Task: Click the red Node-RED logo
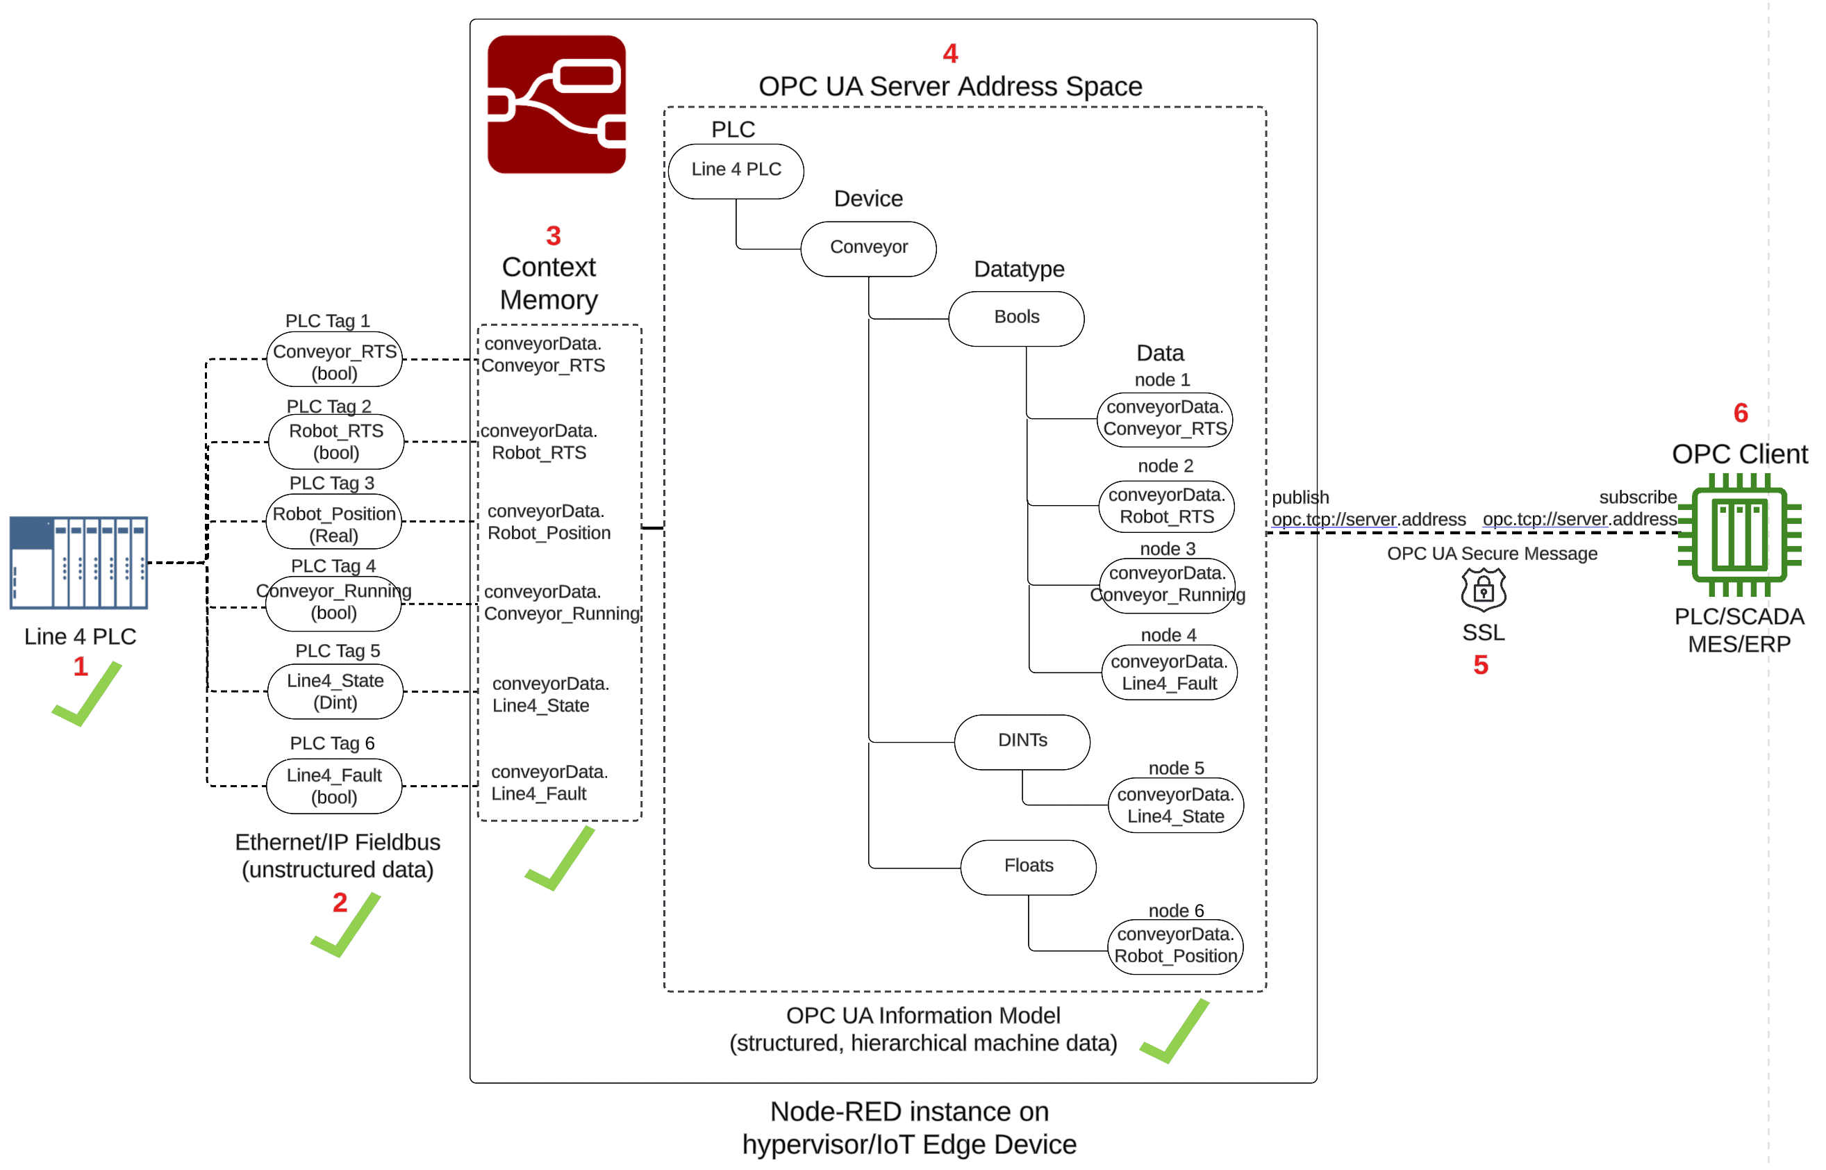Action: click(556, 104)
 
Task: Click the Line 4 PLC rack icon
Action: click(78, 562)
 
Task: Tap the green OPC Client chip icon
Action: click(1739, 534)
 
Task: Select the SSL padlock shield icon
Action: click(1483, 590)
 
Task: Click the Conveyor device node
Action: click(868, 247)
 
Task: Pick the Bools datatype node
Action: click(1016, 318)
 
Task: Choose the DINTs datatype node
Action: click(1022, 741)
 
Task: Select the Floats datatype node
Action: click(1029, 866)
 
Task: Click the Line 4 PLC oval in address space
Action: click(736, 170)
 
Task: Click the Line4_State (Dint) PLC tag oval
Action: click(335, 691)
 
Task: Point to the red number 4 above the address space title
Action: click(949, 53)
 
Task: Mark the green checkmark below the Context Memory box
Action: click(561, 859)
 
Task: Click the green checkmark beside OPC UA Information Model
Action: click(1175, 1032)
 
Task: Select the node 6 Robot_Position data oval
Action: click(1175, 945)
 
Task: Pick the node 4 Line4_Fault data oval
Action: click(1169, 673)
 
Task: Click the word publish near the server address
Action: click(1300, 497)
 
